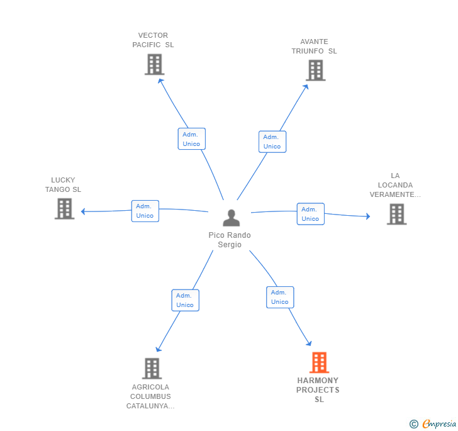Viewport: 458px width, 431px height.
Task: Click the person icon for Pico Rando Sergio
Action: tap(232, 218)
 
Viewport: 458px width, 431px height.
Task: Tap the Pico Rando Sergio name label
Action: tap(230, 240)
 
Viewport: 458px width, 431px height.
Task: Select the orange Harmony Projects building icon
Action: tap(319, 362)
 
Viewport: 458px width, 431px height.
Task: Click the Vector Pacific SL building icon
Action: tap(154, 64)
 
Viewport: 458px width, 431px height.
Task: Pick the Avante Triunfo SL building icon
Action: tap(315, 70)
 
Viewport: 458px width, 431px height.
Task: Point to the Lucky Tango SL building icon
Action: tap(64, 208)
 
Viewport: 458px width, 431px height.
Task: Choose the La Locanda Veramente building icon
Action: tap(396, 214)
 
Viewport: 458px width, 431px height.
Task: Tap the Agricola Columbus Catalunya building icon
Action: tap(152, 368)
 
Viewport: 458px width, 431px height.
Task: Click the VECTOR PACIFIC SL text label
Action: tap(153, 40)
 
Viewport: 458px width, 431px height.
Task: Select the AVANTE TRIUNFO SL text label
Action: tap(314, 47)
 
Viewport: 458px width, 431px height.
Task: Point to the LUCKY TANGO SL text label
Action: tap(63, 185)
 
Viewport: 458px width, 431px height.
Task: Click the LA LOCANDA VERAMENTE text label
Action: tap(395, 185)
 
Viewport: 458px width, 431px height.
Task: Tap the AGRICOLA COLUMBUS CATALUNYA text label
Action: tap(150, 396)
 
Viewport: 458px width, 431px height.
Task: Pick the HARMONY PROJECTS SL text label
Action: tap(318, 390)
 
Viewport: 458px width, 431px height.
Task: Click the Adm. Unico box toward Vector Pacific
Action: tap(191, 139)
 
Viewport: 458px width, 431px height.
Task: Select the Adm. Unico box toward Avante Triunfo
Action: tap(272, 142)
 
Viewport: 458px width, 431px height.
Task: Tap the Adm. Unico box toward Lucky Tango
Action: tap(145, 211)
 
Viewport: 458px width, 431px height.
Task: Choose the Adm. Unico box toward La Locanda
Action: tap(310, 214)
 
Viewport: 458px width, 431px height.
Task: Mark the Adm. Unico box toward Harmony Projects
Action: tap(280, 297)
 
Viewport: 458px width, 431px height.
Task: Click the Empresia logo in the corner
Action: tap(433, 423)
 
